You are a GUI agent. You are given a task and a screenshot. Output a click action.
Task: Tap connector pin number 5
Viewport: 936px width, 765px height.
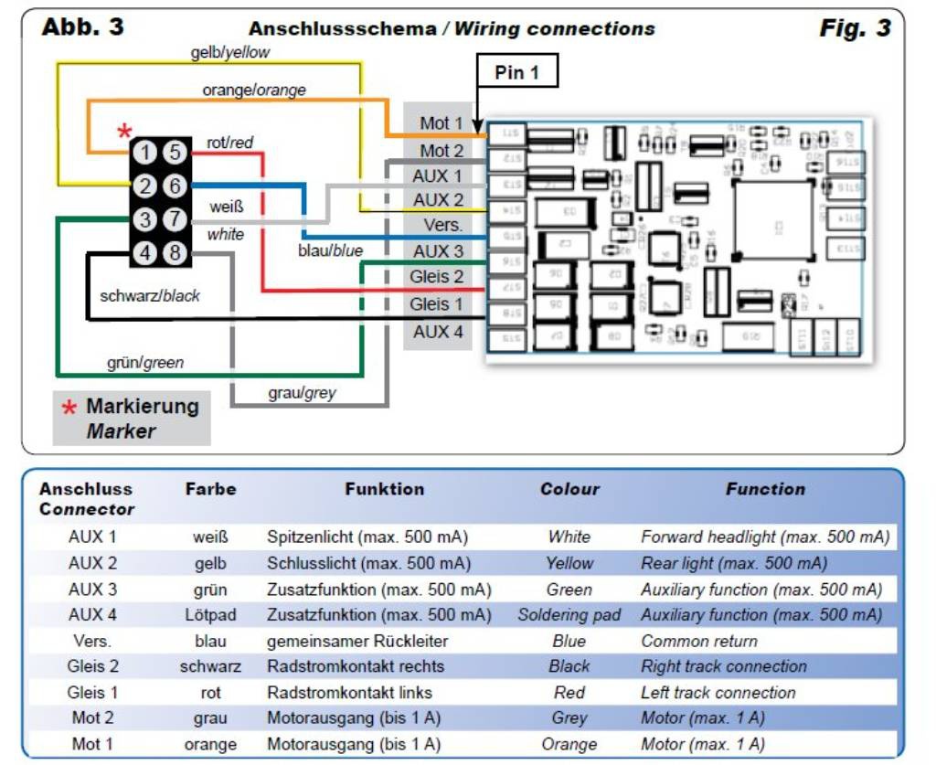175,153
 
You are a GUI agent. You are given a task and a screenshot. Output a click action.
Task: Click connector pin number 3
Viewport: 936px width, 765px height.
145,219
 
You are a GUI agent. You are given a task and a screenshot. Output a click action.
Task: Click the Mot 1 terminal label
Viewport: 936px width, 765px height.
441,123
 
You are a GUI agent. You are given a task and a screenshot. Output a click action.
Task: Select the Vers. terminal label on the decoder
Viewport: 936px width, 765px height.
442,225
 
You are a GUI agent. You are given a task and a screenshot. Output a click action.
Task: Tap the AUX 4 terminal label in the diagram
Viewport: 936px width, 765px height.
438,332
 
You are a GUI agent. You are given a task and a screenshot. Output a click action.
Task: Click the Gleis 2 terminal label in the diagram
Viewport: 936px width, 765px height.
436,277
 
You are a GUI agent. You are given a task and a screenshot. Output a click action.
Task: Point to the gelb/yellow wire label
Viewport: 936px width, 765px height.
230,52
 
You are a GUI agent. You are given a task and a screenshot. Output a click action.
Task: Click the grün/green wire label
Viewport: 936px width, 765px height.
144,363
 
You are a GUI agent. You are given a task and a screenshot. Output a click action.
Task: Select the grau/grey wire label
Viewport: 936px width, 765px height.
301,393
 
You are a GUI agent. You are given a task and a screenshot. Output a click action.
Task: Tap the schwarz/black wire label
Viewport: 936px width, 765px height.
150,295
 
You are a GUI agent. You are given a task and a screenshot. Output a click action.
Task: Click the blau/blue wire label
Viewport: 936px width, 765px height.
330,250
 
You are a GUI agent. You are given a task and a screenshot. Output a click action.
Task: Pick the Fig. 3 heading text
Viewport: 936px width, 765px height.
855,28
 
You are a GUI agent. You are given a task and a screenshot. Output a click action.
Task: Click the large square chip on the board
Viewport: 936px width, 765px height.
772,219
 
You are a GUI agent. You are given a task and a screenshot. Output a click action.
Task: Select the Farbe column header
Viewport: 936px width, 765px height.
210,489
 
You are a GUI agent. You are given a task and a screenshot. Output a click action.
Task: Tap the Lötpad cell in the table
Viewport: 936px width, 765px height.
210,615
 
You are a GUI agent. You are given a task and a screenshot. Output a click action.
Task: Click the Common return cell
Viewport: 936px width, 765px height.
699,641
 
